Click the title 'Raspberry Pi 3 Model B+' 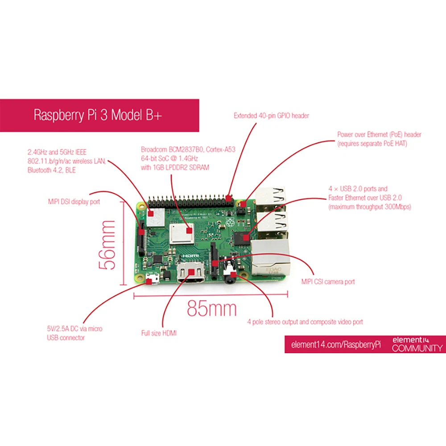click(x=98, y=115)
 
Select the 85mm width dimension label click(x=211, y=308)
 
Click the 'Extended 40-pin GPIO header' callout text click(x=271, y=116)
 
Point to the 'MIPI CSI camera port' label click(x=328, y=282)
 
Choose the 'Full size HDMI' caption click(x=159, y=333)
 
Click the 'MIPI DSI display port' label click(x=74, y=202)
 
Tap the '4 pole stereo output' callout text click(x=305, y=322)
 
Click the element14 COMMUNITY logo click(x=417, y=344)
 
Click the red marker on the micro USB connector click(x=148, y=281)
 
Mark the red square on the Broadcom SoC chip click(x=190, y=231)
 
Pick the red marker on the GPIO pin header click(x=229, y=197)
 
